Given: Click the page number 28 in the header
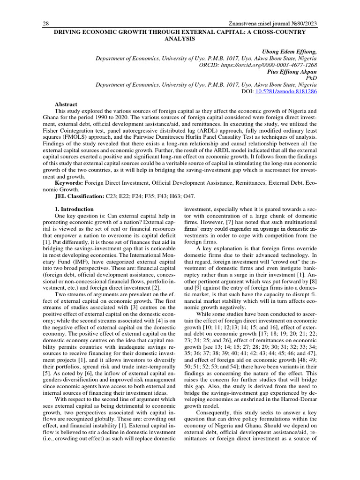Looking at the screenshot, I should [46, 23].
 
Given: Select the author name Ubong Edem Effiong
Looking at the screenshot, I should [287, 52].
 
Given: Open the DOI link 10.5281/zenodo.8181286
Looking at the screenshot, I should [286, 91].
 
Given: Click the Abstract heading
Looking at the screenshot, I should [66, 104].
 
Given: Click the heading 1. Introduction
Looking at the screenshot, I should [74, 209].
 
